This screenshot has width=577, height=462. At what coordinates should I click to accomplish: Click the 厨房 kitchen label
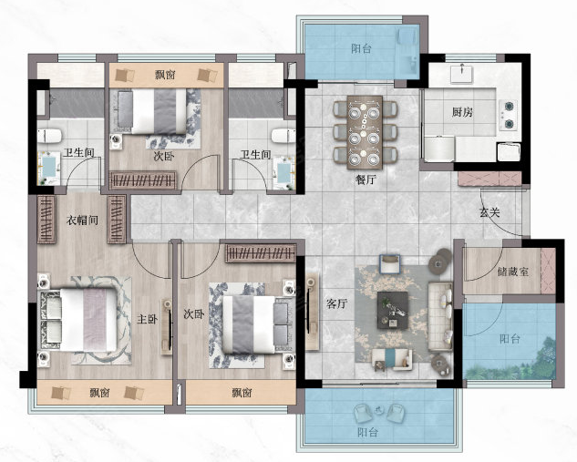coord(462,112)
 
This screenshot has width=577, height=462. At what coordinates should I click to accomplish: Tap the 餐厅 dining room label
coord(366,180)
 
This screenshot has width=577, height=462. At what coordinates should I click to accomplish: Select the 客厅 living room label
coord(336,303)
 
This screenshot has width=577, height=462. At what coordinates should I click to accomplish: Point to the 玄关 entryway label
coord(489,212)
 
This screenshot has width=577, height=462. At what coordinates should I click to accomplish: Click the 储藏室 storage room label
coord(513,272)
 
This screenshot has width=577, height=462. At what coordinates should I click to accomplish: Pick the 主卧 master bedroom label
coord(147,319)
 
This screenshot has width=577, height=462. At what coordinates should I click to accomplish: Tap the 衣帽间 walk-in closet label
coord(82,221)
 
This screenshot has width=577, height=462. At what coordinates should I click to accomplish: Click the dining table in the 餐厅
coord(365,132)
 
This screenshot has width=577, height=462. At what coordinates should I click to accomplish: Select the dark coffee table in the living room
coord(393,310)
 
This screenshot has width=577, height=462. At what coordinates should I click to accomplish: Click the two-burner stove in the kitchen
coord(509,115)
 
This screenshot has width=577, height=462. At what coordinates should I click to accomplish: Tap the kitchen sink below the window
coord(461,73)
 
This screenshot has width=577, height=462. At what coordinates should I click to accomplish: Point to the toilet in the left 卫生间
coord(49,136)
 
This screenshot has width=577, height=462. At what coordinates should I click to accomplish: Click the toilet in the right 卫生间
coord(283,136)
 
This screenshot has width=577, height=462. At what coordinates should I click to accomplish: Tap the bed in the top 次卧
coord(152,111)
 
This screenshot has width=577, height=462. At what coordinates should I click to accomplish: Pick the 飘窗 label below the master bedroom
coord(99,393)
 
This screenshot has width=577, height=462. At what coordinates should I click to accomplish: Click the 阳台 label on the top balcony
coord(361,48)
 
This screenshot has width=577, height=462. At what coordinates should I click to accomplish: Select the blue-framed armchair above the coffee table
coord(390,263)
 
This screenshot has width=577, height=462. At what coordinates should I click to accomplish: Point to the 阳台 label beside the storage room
coord(510,338)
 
